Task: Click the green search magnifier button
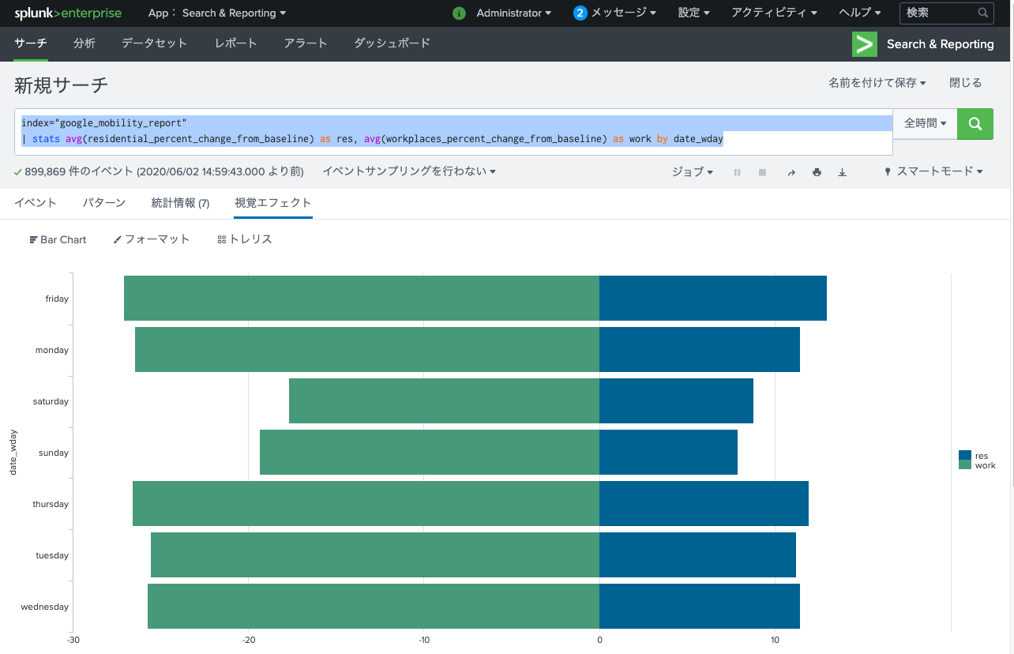pos(975,124)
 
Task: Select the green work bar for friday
pos(361,299)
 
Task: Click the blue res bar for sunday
pos(668,453)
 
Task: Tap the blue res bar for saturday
pos(676,401)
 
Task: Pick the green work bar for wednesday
pos(373,607)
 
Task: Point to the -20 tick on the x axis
pos(249,640)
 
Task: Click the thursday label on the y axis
pos(51,504)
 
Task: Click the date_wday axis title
pos(13,453)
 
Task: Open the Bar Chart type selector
pos(58,239)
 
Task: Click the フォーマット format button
pos(152,239)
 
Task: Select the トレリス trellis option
pos(245,239)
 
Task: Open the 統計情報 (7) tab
pos(180,203)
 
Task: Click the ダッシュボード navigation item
pos(392,43)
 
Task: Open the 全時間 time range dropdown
pos(925,124)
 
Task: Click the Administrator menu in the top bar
pos(513,13)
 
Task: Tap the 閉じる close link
pos(965,83)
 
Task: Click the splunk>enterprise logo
pos(67,13)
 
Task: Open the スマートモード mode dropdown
pos(933,171)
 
